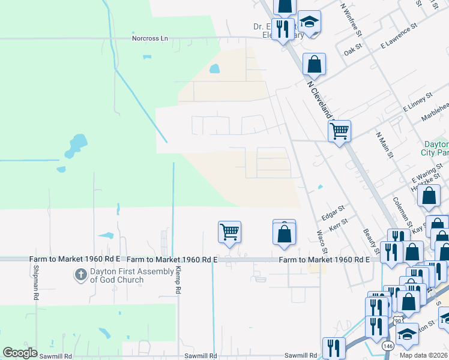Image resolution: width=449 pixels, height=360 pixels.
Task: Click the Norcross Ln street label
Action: (x=151, y=38)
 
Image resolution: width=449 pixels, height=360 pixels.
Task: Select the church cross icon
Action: (x=80, y=275)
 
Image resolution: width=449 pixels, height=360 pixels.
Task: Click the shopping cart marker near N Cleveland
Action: (x=339, y=130)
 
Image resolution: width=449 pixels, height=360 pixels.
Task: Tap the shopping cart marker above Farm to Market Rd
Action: (x=229, y=231)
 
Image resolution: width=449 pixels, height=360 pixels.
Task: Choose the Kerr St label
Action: (x=339, y=227)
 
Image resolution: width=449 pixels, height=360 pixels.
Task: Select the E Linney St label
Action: (x=418, y=102)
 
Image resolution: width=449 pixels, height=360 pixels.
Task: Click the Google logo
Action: (x=20, y=352)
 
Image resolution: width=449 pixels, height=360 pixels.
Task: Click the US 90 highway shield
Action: (x=398, y=321)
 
